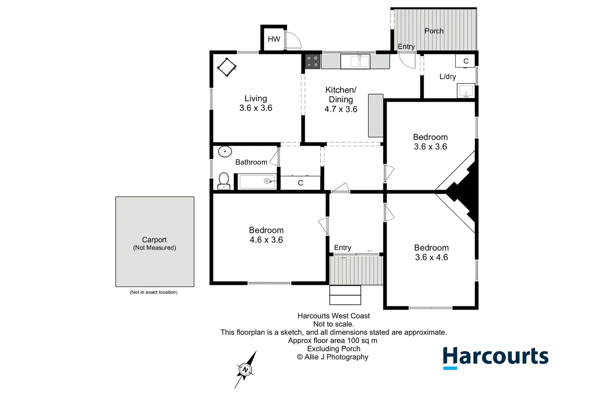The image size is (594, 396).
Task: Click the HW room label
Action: (x=274, y=39)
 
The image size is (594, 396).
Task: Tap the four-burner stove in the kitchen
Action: (x=312, y=62)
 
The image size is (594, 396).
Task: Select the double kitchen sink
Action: (x=355, y=62)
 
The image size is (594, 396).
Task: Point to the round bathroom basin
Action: (x=225, y=151)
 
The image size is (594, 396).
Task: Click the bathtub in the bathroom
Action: (x=257, y=181)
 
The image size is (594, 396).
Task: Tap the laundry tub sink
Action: (x=466, y=91)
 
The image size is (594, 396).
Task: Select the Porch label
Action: (x=434, y=31)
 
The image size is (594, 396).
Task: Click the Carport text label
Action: (x=154, y=240)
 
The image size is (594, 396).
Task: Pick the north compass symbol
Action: (x=245, y=370)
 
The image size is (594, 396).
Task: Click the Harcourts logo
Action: (x=495, y=357)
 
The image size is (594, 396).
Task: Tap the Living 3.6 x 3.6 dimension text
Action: (x=256, y=108)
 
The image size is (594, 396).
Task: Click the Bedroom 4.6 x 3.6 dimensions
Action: (x=266, y=240)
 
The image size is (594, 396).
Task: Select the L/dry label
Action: (x=448, y=77)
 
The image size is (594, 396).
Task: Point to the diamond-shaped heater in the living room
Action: (x=227, y=67)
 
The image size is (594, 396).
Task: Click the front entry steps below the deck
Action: (x=345, y=295)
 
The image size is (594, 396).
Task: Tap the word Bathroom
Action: (x=251, y=162)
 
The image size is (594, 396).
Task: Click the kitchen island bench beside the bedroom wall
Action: (x=375, y=115)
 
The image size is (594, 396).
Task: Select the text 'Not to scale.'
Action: (x=333, y=324)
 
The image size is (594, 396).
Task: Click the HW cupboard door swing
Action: (x=293, y=40)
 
